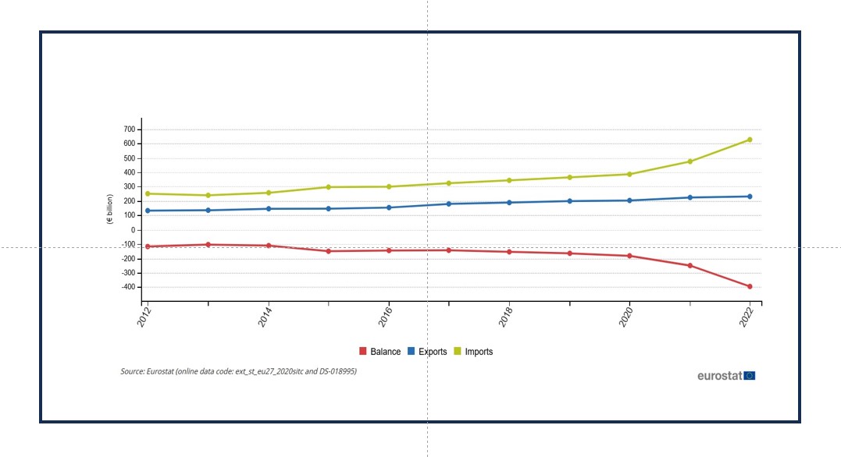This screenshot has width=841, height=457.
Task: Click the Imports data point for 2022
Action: coord(750,140)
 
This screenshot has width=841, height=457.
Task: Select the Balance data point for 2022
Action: coord(750,286)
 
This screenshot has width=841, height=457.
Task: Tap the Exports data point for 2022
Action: coord(750,197)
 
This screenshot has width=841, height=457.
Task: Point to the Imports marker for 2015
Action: coord(329,187)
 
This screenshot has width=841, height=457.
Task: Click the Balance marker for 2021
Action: coord(690,266)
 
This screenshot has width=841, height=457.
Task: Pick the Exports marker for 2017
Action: coord(449,204)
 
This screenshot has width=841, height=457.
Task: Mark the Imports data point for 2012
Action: coord(148,193)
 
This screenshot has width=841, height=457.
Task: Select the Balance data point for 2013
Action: coord(208,244)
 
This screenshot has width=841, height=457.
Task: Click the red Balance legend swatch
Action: coord(362,352)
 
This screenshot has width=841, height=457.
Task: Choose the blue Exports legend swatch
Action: coord(411,352)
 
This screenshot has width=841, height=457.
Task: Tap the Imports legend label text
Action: coord(479,352)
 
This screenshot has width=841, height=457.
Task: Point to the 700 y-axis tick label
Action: coord(129,129)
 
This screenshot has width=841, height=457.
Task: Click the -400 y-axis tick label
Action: coord(127,287)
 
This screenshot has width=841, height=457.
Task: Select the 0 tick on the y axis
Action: coord(134,230)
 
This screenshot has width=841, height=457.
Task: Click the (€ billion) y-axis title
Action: coord(110,210)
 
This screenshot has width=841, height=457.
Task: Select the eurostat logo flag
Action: coord(750,376)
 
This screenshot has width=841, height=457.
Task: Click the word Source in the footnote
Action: coord(132,371)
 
